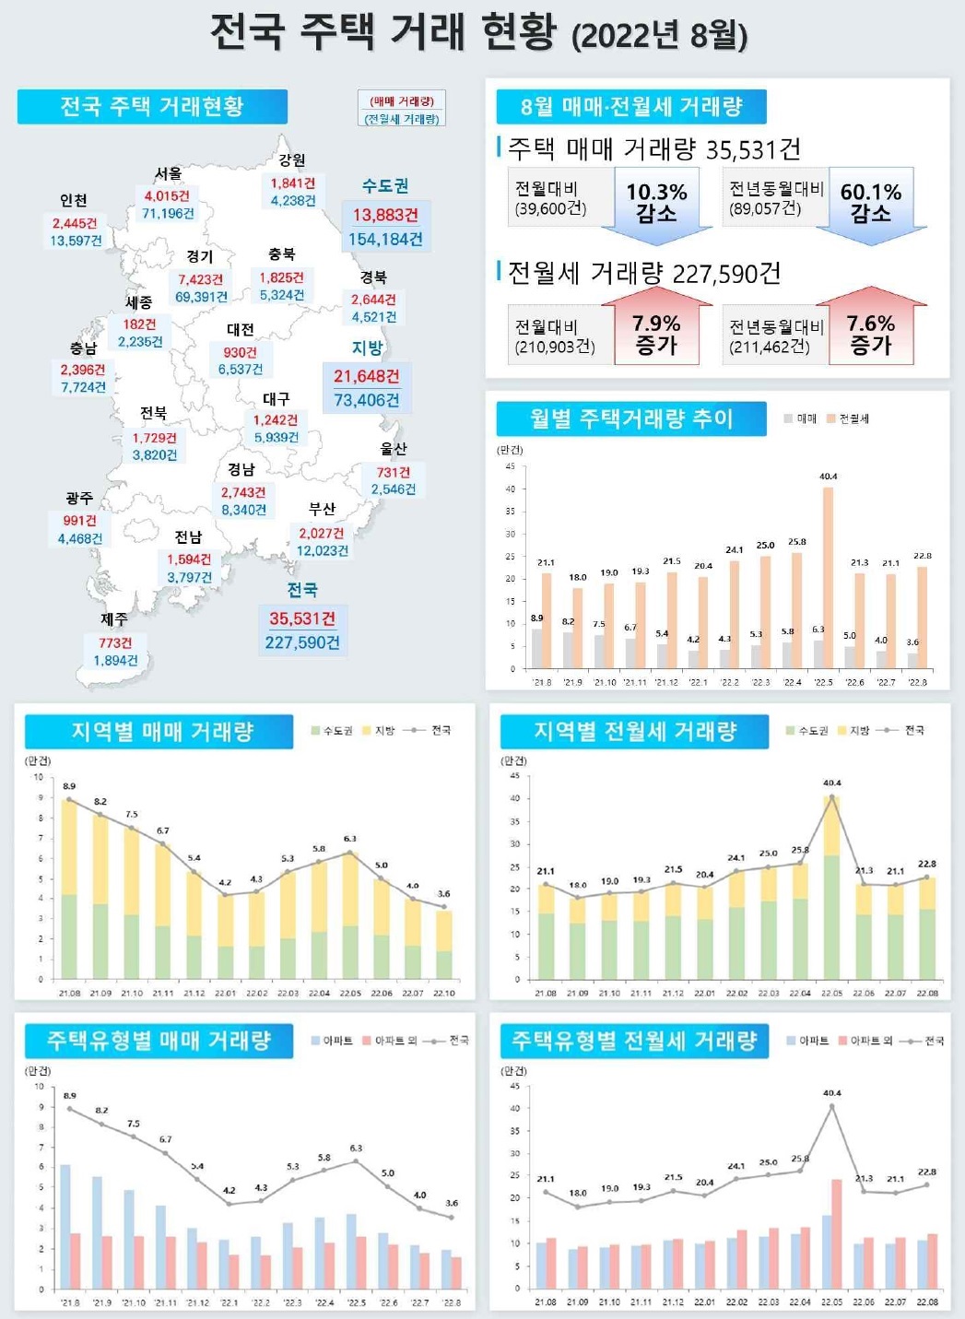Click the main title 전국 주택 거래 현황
point(383,32)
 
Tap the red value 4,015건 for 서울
point(167,195)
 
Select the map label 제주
point(114,619)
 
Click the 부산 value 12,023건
point(323,551)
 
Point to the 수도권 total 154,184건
point(385,240)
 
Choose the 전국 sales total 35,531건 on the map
point(302,618)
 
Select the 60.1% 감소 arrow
point(870,205)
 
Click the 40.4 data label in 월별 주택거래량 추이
point(828,477)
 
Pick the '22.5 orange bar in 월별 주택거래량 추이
point(828,577)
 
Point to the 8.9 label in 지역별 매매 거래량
point(69,786)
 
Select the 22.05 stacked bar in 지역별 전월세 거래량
point(831,887)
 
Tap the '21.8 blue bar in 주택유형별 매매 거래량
point(65,1227)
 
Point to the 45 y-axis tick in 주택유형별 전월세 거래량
point(515,1086)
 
